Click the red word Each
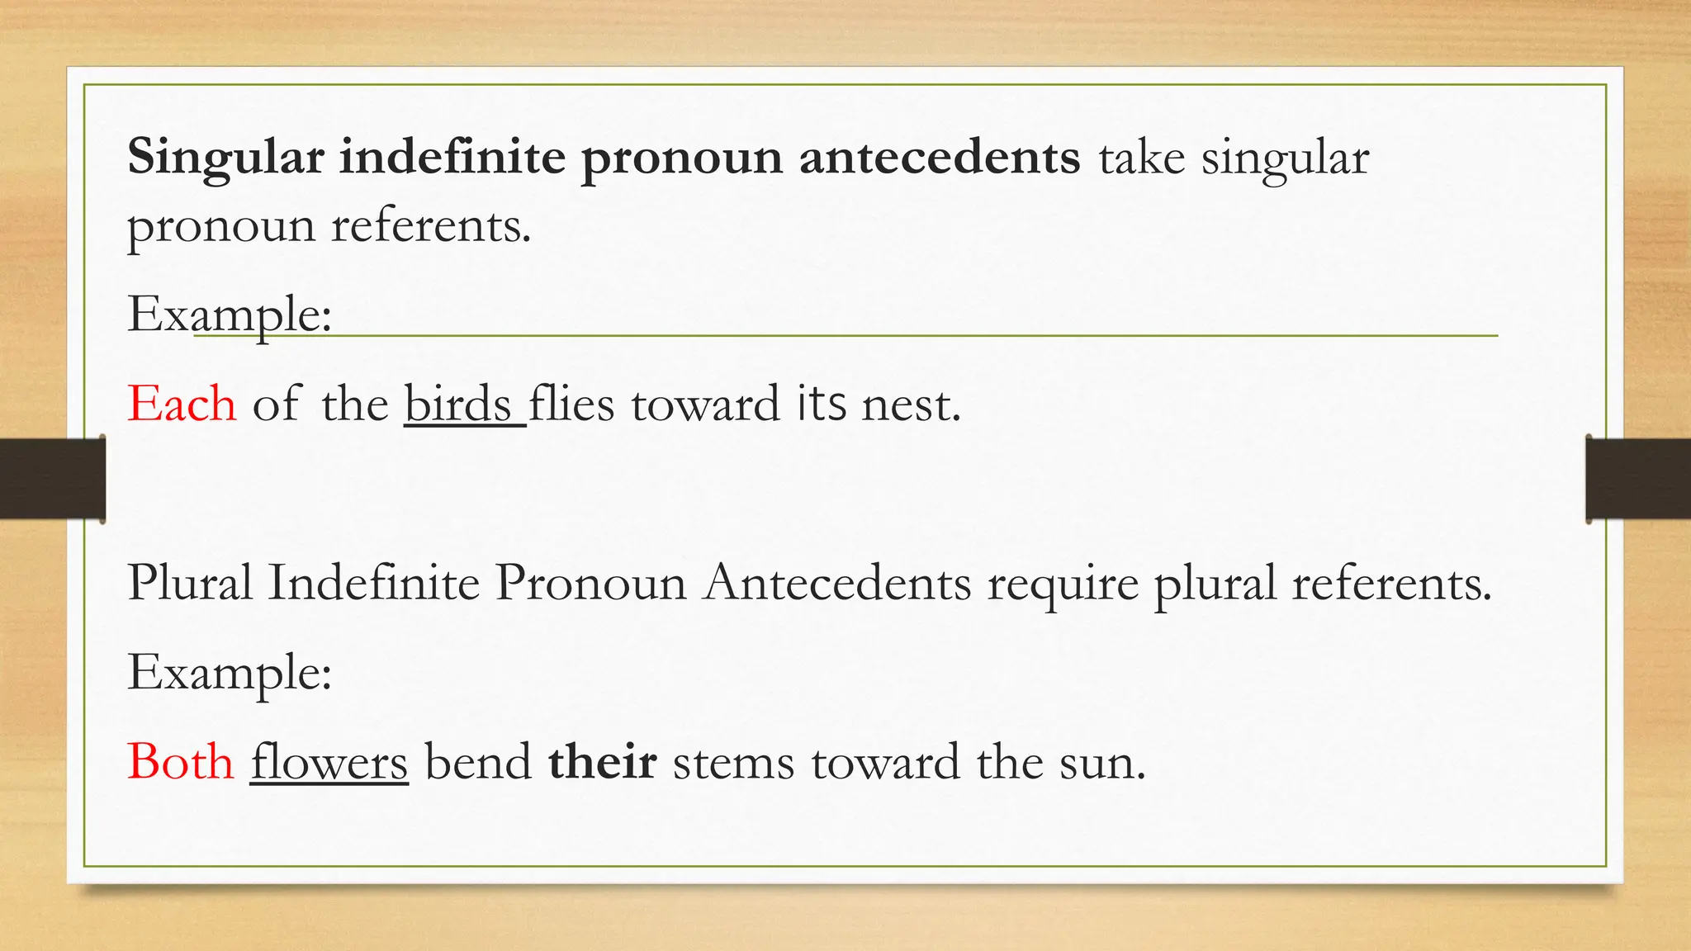click(x=182, y=405)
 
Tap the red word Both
click(x=181, y=762)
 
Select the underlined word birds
click(x=459, y=405)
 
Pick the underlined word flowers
click(x=329, y=762)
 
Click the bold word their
click(x=602, y=762)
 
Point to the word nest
click(x=911, y=405)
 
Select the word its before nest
click(x=822, y=405)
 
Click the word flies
click(x=571, y=405)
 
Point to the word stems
click(x=733, y=762)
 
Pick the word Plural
click(x=190, y=583)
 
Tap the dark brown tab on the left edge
click(x=52, y=480)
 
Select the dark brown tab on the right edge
click(x=1638, y=480)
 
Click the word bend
click(x=478, y=762)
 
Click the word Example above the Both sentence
click(x=230, y=672)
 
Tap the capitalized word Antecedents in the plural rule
click(x=837, y=583)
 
